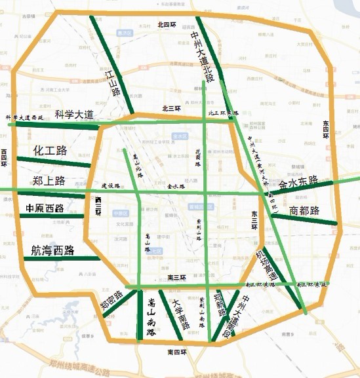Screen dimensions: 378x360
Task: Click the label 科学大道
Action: click(x=73, y=115)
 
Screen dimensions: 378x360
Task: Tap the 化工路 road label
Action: click(x=50, y=151)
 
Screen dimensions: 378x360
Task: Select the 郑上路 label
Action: click(x=49, y=181)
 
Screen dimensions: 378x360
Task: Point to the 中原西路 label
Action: click(x=45, y=209)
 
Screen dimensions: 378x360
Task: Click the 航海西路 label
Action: click(x=52, y=250)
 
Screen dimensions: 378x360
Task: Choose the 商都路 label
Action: click(x=304, y=211)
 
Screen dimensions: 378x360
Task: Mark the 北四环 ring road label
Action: click(x=167, y=24)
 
